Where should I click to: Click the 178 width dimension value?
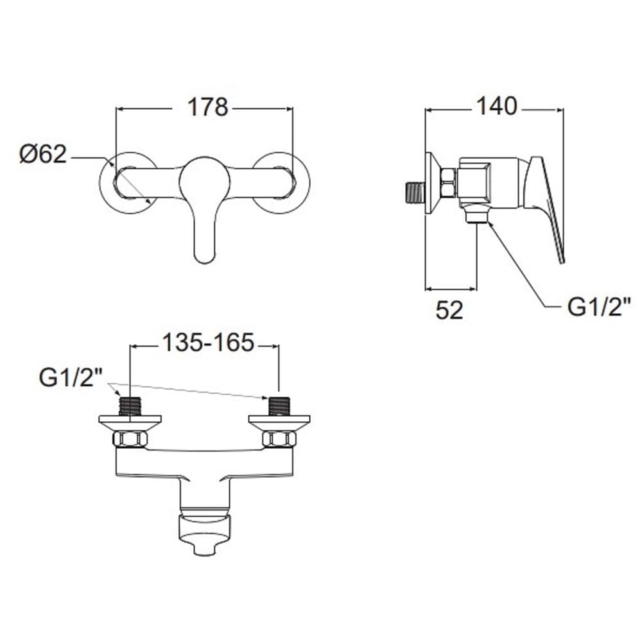207,107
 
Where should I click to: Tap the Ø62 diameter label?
43,154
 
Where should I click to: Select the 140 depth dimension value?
497,106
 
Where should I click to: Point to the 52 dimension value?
449,310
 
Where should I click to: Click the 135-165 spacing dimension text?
209,342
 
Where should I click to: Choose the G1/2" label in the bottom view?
71,377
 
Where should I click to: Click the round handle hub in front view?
204,178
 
